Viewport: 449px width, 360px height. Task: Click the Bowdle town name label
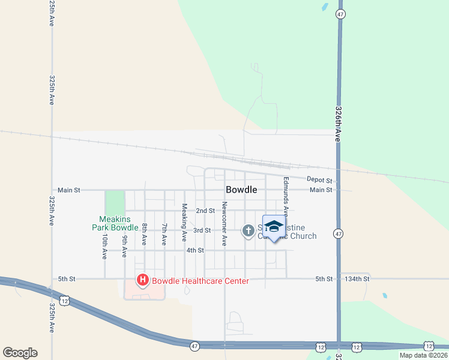click(x=241, y=190)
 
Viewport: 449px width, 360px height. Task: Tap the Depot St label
click(x=319, y=180)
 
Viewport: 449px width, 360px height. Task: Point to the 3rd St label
click(x=202, y=230)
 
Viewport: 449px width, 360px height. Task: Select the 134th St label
click(x=355, y=279)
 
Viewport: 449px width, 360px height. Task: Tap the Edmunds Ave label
click(x=286, y=196)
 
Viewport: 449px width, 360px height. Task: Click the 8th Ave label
click(x=144, y=235)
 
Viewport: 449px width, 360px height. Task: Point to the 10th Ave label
click(x=104, y=246)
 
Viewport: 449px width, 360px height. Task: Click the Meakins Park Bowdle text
click(x=115, y=223)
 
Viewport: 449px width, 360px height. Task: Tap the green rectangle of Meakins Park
click(x=115, y=201)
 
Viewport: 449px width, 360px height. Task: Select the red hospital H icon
click(x=143, y=280)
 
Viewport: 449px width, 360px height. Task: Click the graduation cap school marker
click(x=274, y=227)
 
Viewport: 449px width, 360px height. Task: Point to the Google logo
click(x=20, y=353)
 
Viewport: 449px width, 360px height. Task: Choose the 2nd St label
click(x=205, y=211)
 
